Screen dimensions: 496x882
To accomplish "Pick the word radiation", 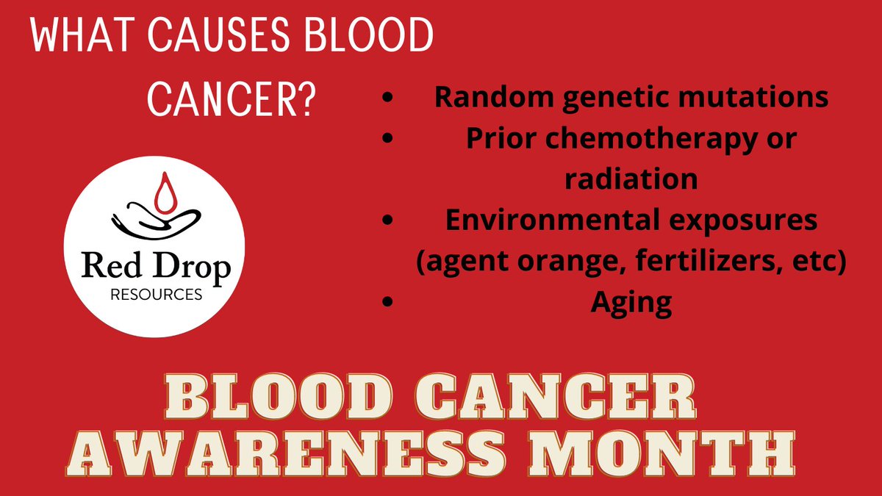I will [631, 179].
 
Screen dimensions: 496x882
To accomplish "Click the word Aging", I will [631, 302].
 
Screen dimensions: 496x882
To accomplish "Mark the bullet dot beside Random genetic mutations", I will [387, 98].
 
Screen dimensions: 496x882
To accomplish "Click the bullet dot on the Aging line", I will [387, 303].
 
